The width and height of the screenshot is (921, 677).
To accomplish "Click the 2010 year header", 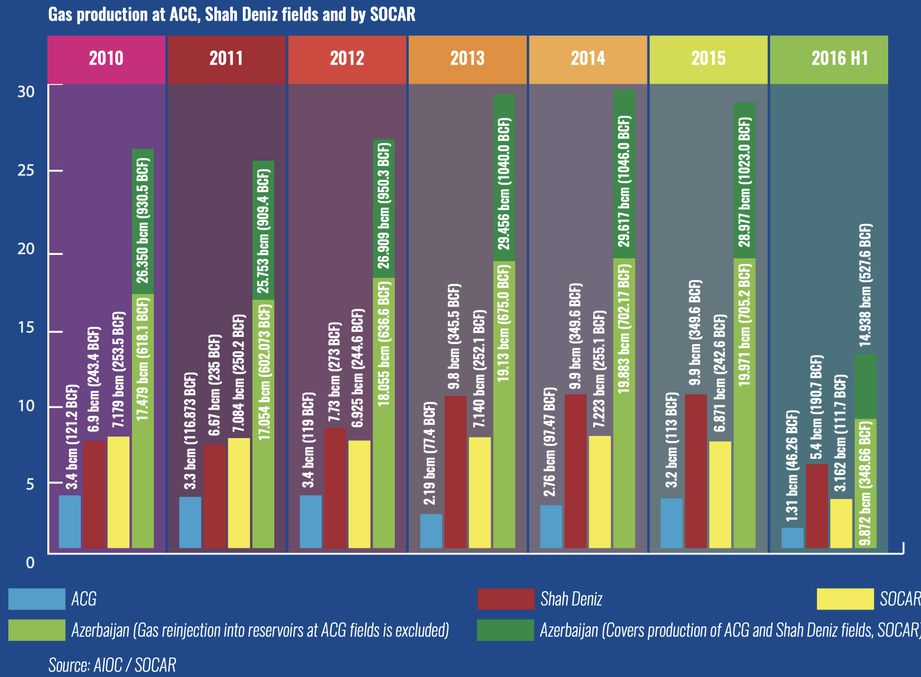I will point(106,59).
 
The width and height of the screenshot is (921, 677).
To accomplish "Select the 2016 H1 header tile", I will point(829,59).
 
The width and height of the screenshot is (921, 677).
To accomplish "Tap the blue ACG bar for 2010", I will point(70,521).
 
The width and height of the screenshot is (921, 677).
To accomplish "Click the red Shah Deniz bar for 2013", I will point(455,472).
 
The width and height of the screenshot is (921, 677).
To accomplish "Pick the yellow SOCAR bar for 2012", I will point(359,494).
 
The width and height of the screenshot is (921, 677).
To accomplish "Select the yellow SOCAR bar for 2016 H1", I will point(841,523).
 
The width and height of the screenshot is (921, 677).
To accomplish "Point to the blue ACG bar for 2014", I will point(551,526).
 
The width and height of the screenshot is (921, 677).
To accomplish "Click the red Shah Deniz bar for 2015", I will point(696,471).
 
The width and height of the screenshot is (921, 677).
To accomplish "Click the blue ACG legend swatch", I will point(37,599).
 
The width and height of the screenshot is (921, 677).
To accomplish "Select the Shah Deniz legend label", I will point(571,599).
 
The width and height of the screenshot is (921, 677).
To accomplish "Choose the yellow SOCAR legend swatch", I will point(845,599).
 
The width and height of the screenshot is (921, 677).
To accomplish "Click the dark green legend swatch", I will point(505,630).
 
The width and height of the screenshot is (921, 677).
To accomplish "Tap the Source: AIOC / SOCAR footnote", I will point(112,665).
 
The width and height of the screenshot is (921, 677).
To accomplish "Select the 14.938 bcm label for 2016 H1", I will point(865,284).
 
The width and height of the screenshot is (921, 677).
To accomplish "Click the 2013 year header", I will point(468,59).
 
